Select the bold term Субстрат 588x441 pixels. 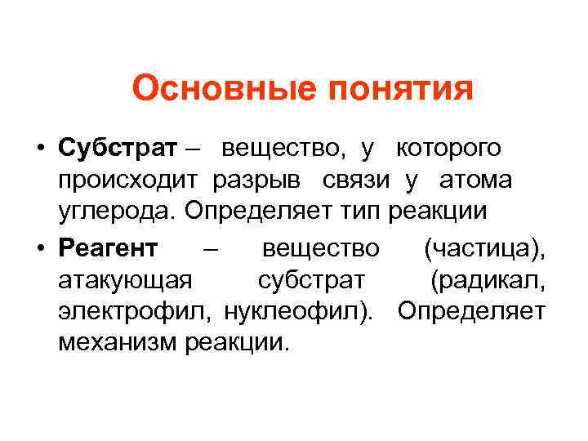pos(117,149)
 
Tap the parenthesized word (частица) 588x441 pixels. pos(484,247)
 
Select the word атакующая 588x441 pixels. pos(126,280)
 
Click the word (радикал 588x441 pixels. pos(488,280)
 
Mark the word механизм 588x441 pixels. pos(118,342)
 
